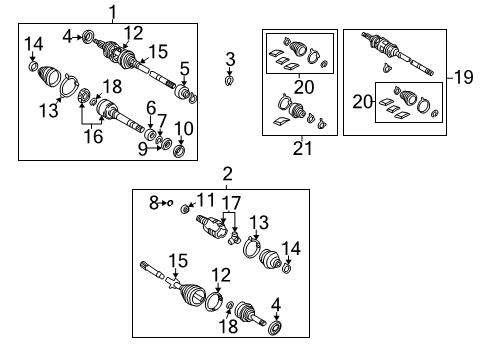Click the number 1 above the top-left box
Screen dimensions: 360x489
112,12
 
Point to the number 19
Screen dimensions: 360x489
464,76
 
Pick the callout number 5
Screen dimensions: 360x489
184,68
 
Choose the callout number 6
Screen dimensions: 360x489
150,107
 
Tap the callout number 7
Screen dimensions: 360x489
161,121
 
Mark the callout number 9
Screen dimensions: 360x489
142,147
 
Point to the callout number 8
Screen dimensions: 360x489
153,203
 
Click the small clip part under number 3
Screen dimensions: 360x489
230,78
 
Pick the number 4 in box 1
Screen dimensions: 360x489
66,37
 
